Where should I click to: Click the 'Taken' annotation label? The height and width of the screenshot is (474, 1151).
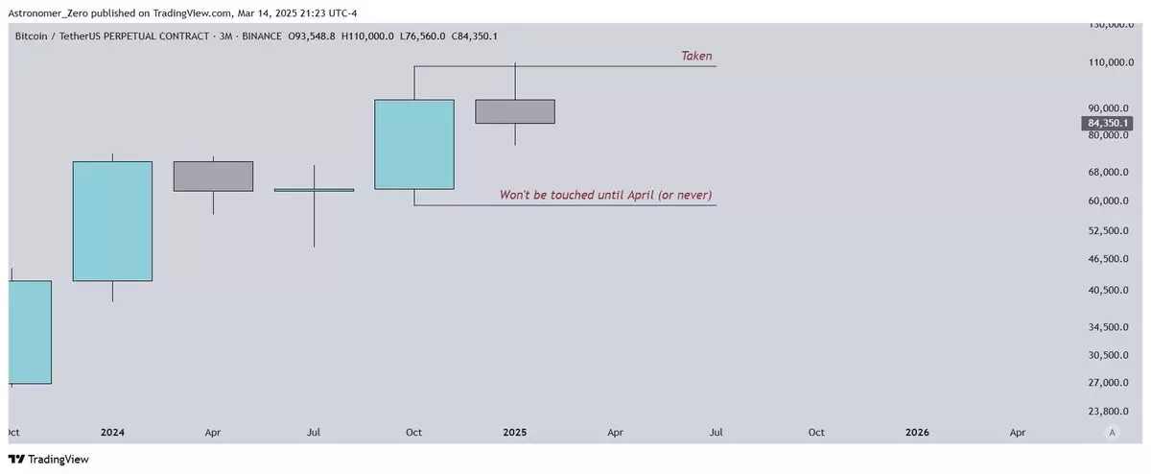pyautogui.click(x=696, y=56)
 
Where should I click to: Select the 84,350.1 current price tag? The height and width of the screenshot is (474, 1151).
pyautogui.click(x=1107, y=123)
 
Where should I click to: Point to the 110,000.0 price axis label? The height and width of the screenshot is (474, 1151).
pyautogui.click(x=1111, y=62)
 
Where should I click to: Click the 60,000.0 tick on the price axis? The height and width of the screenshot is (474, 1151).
pyautogui.click(x=1109, y=201)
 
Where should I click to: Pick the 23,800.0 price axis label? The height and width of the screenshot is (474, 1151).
pyautogui.click(x=1109, y=412)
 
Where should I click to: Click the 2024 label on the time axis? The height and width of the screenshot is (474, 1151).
pyautogui.click(x=112, y=433)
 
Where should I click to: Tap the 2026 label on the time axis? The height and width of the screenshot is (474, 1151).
pyautogui.click(x=917, y=433)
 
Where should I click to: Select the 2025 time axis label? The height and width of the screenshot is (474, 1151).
pyautogui.click(x=515, y=433)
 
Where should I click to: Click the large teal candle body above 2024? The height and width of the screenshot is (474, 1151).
pyautogui.click(x=112, y=221)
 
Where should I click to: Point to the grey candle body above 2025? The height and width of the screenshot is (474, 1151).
pyautogui.click(x=515, y=111)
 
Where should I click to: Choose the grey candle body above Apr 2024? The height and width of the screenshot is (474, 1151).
pyautogui.click(x=213, y=177)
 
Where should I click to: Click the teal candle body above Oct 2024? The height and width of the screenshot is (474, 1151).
pyautogui.click(x=414, y=145)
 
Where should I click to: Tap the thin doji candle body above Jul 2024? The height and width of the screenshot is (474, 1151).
pyautogui.click(x=314, y=190)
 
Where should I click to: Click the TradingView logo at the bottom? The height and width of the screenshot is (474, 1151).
pyautogui.click(x=48, y=459)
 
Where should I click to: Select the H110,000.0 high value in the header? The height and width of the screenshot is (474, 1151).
pyautogui.click(x=367, y=36)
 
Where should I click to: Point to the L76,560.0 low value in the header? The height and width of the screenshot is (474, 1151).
pyautogui.click(x=422, y=36)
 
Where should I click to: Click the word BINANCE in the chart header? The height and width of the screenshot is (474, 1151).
pyautogui.click(x=262, y=36)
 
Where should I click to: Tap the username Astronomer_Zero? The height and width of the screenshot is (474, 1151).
pyautogui.click(x=48, y=13)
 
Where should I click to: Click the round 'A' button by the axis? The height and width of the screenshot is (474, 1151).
pyautogui.click(x=1112, y=433)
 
